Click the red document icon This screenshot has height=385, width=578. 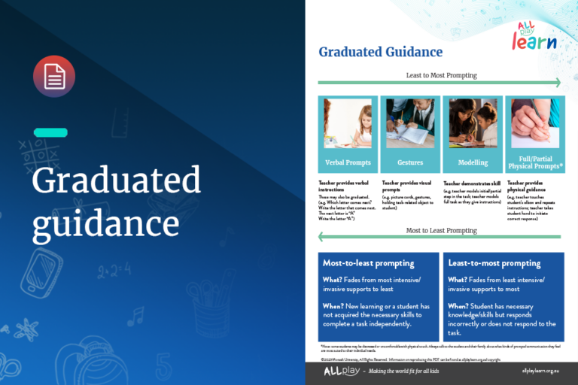[x=54, y=77]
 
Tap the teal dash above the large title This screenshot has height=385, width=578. [x=50, y=132]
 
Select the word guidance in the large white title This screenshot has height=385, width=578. [x=105, y=223]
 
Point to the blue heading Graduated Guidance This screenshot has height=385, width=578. [x=380, y=52]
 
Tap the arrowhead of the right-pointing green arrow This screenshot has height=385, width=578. [x=557, y=83]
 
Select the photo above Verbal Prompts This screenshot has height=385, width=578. [x=348, y=123]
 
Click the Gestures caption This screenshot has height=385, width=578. [x=410, y=162]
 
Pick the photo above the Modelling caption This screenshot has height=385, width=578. [x=473, y=123]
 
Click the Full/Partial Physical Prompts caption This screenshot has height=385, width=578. [x=535, y=162]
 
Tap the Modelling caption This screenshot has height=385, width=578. [x=473, y=162]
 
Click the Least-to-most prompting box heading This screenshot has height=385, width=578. [x=494, y=263]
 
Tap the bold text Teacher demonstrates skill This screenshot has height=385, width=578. [x=471, y=182]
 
